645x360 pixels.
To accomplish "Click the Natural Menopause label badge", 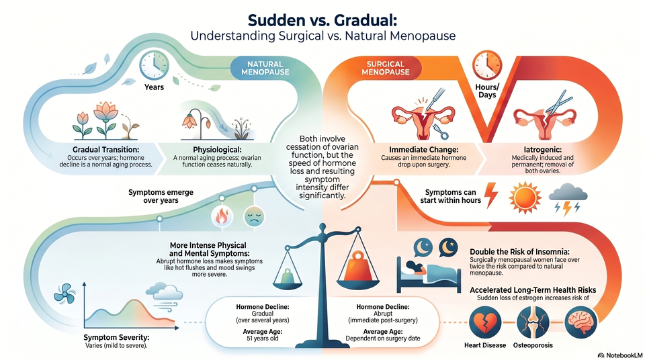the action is click(x=264, y=68).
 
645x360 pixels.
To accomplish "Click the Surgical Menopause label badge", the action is click(x=385, y=68).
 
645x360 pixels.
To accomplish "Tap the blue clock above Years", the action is click(x=154, y=65).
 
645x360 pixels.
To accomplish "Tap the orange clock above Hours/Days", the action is click(x=487, y=65).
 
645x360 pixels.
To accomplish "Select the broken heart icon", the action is click(x=485, y=322).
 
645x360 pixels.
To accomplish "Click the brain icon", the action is click(x=580, y=322).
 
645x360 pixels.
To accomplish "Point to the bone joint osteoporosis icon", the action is click(x=533, y=322).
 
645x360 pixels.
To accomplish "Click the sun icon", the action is click(x=525, y=197).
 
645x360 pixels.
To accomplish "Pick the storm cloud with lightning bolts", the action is click(x=568, y=199).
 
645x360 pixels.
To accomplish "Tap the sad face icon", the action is click(x=254, y=216).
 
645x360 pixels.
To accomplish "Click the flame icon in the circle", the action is click(x=222, y=216).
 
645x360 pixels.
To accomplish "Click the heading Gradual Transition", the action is click(x=105, y=150).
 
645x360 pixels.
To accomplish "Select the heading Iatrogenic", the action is click(x=543, y=150).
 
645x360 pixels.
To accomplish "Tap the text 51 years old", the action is click(x=263, y=339).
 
